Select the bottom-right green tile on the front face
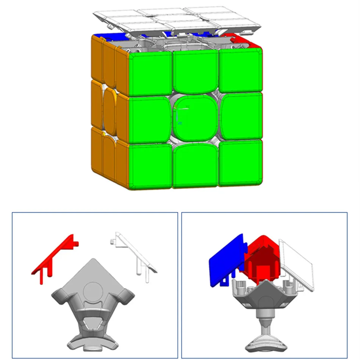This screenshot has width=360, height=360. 241,163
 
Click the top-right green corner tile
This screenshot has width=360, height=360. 241,70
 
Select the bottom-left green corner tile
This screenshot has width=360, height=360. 150,166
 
